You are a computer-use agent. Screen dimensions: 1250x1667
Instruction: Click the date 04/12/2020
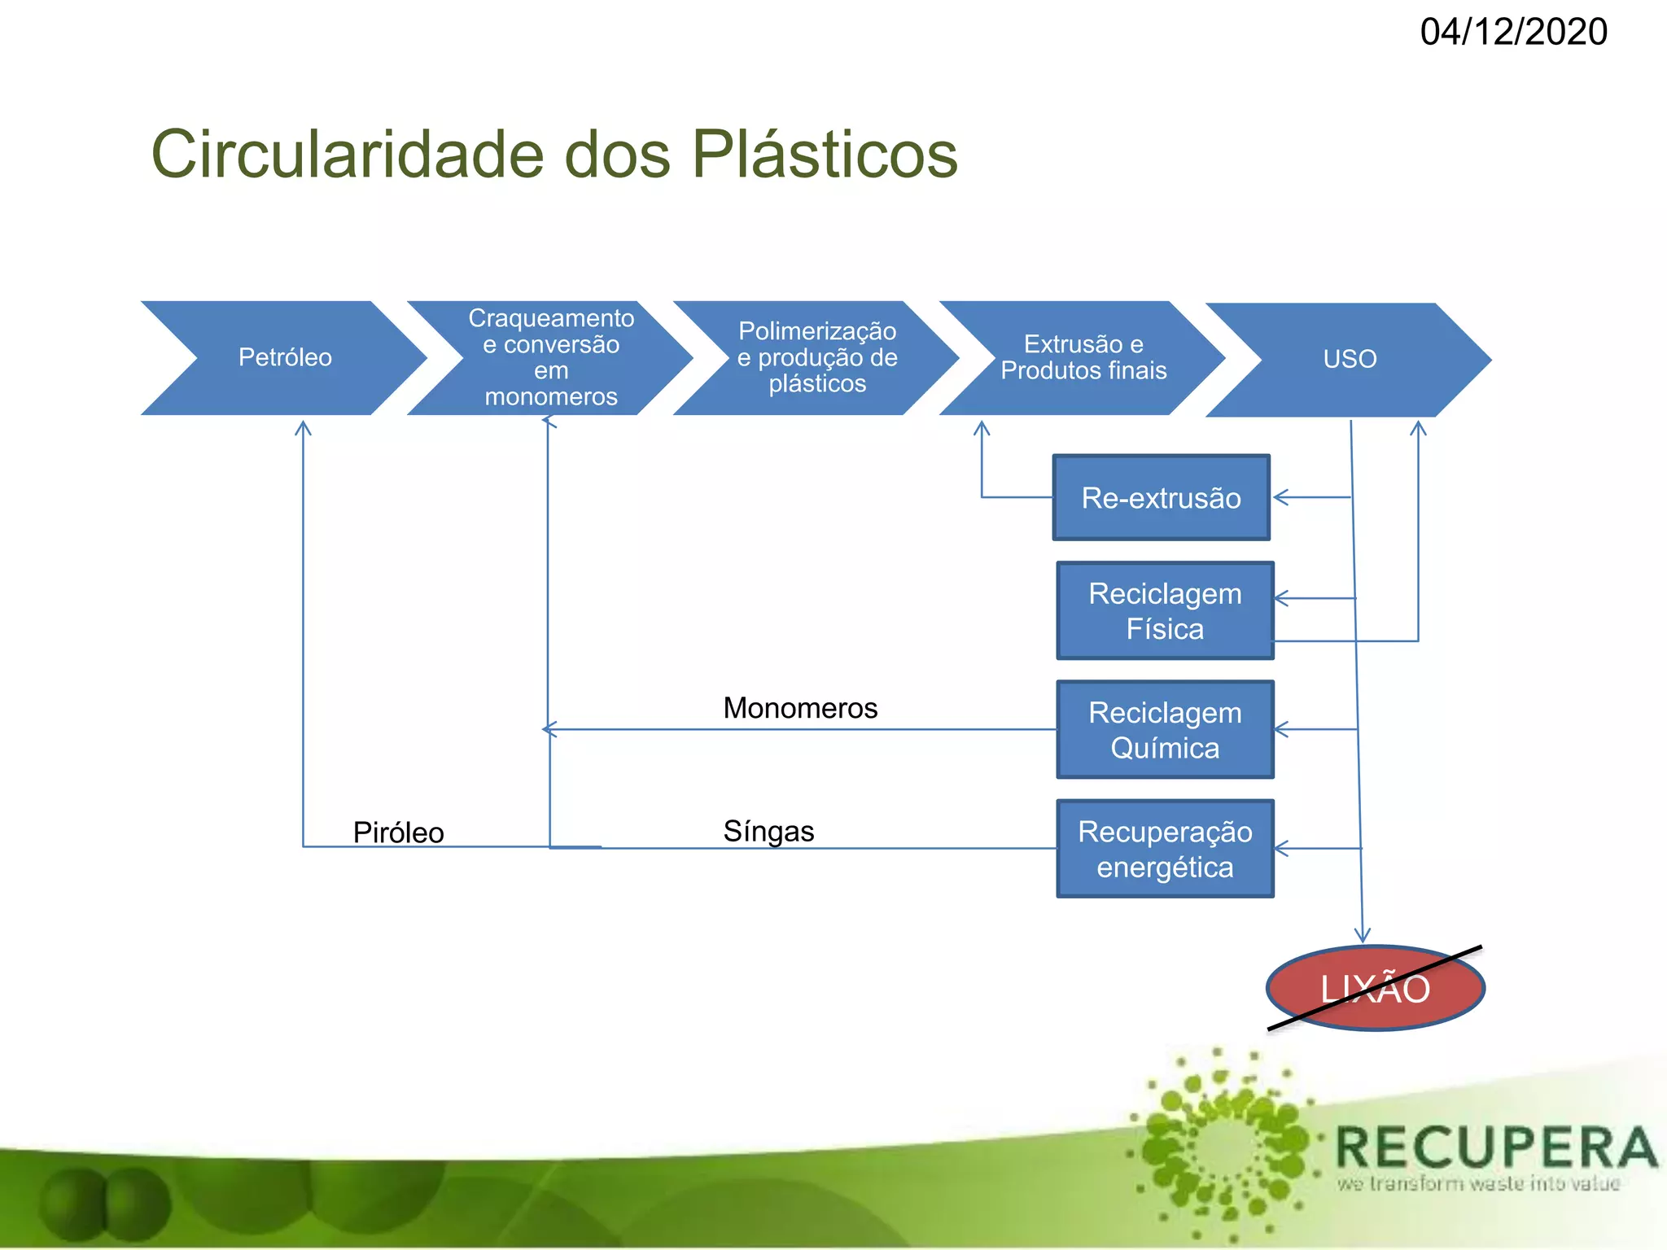click(1513, 33)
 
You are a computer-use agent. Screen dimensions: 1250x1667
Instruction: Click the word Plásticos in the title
click(825, 155)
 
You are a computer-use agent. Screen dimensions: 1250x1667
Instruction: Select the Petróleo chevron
click(284, 358)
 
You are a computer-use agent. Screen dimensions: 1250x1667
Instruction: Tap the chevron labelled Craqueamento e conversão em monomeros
click(550, 358)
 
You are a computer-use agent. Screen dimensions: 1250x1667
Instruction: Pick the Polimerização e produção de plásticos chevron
click(816, 358)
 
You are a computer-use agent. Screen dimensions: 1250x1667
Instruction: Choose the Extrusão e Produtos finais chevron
click(1083, 358)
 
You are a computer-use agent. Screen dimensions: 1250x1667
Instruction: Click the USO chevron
click(1349, 360)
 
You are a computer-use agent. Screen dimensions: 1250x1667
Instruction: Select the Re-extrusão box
click(1161, 498)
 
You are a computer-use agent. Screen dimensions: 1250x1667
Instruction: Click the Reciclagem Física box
click(1165, 611)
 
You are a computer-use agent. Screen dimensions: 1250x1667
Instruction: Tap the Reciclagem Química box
click(1165, 730)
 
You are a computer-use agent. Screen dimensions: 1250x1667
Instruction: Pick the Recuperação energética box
click(1165, 849)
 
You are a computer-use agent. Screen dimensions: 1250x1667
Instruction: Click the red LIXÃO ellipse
click(1375, 989)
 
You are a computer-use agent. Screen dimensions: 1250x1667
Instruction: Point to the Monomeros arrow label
click(800, 708)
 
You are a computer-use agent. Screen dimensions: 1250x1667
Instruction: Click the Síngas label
click(768, 831)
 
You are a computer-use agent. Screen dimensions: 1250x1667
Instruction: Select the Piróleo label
click(398, 833)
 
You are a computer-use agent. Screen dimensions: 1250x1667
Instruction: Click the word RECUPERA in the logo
click(1496, 1147)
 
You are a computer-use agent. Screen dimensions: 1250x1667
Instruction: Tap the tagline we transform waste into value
click(1477, 1183)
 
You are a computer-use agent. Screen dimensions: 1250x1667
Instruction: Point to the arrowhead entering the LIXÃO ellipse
click(1363, 937)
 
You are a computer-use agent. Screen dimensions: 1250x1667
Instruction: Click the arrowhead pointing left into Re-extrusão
click(1280, 497)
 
